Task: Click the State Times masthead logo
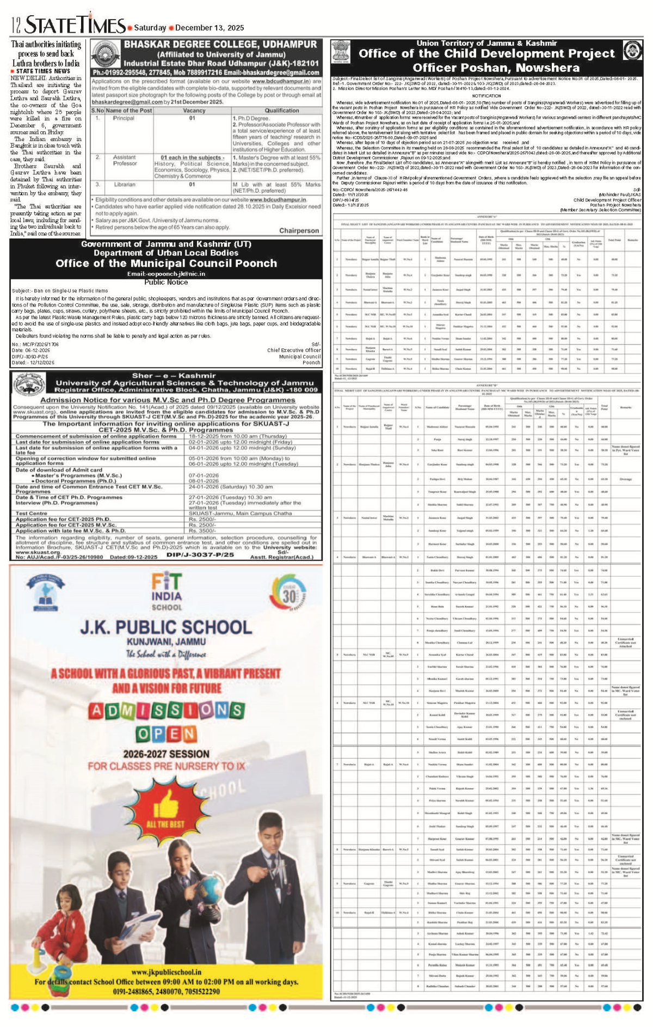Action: pos(76,25)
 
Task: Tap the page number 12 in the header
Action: pos(16,26)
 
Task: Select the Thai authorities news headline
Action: pos(46,53)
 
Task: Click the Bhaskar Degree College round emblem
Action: pos(106,56)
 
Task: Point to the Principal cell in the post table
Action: pos(124,118)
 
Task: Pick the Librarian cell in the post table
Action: pos(125,185)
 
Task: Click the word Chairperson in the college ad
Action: pos(299,231)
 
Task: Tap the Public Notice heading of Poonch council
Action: pos(166,282)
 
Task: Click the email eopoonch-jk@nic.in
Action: pos(166,274)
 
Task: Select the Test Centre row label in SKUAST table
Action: pos(32,513)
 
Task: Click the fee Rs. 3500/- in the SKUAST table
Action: pos(202,530)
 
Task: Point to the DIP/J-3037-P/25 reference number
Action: pos(200,555)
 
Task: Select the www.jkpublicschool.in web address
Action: pos(166,972)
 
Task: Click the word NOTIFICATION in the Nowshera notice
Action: pos(486,95)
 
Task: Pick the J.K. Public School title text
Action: pos(166,627)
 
